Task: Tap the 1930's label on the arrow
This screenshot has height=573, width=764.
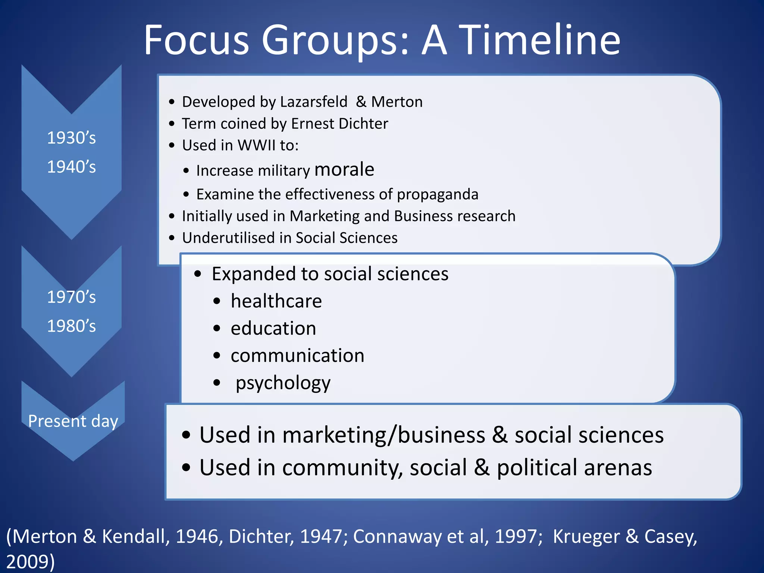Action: click(71, 138)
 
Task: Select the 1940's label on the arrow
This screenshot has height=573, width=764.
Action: click(71, 167)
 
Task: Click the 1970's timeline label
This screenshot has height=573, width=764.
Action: click(71, 297)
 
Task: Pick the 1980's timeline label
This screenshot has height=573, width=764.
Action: click(71, 326)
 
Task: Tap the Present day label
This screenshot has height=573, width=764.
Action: click(73, 421)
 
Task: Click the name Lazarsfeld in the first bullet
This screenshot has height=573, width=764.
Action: click(313, 102)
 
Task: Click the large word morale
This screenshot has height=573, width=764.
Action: click(344, 170)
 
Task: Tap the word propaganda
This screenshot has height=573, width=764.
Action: click(437, 194)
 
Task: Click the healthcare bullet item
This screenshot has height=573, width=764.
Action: click(276, 301)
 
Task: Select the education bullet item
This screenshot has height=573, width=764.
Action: click(273, 328)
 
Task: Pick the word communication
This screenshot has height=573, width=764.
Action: click(297, 356)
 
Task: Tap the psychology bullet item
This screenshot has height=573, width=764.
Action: click(283, 383)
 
